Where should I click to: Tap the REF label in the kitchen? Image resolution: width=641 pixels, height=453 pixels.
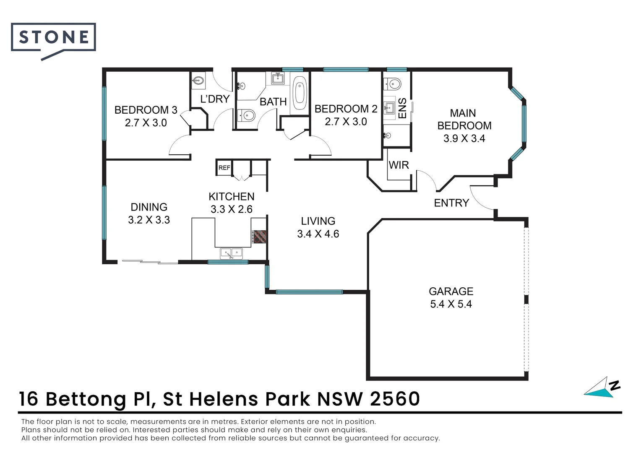(x=224, y=168)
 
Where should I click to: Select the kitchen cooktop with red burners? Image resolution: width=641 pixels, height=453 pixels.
(x=259, y=237)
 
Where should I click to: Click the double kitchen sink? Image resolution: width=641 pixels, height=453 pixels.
(x=231, y=253)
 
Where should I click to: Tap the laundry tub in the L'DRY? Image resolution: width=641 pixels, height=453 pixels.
(x=198, y=81)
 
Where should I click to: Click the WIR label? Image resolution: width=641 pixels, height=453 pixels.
(x=399, y=165)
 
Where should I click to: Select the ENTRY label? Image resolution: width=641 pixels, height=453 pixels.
(x=451, y=203)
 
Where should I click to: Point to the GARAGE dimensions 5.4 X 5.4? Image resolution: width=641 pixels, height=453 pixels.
(x=451, y=304)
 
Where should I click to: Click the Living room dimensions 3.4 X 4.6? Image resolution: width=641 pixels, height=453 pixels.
(x=318, y=234)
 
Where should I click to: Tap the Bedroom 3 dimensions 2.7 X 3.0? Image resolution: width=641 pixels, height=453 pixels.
(x=146, y=123)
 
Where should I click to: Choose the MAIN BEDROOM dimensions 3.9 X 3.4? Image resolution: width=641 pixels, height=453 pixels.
(x=464, y=138)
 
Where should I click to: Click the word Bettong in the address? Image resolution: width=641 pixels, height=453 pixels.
(x=86, y=400)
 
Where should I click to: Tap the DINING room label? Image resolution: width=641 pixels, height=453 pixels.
(x=149, y=207)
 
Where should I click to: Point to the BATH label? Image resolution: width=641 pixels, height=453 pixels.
(x=273, y=102)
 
